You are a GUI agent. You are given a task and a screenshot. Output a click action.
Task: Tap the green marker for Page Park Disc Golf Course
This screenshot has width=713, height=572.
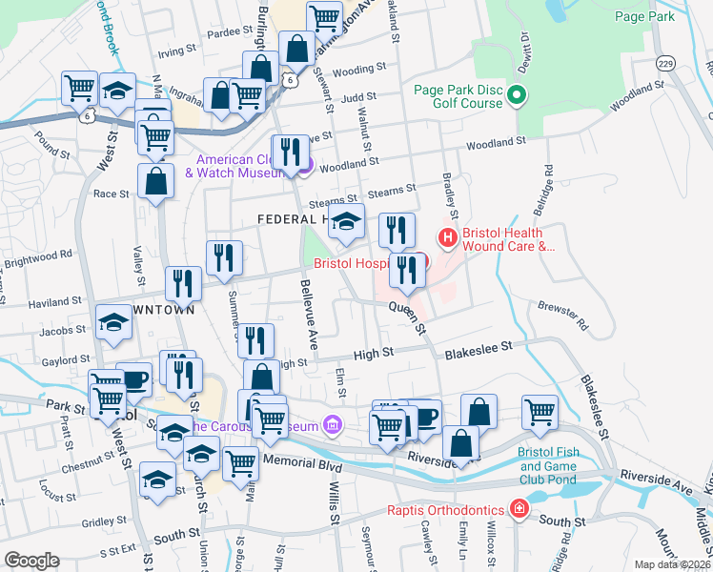coord(518,95)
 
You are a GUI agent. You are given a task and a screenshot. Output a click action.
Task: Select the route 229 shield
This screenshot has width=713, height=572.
coord(665,63)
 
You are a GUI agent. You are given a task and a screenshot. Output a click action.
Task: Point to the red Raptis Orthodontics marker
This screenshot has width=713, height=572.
coord(519,508)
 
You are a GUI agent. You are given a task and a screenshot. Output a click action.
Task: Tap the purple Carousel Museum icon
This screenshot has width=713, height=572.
coord(331,423)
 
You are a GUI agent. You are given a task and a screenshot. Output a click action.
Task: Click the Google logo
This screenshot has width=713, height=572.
coord(31,560)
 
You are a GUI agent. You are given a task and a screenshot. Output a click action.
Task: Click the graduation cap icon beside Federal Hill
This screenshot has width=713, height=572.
coord(348,221)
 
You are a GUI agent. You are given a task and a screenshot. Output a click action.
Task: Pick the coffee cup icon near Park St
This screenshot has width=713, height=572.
coord(133,378)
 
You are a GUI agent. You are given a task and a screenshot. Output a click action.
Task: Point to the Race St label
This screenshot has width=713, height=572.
coord(111,194)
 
